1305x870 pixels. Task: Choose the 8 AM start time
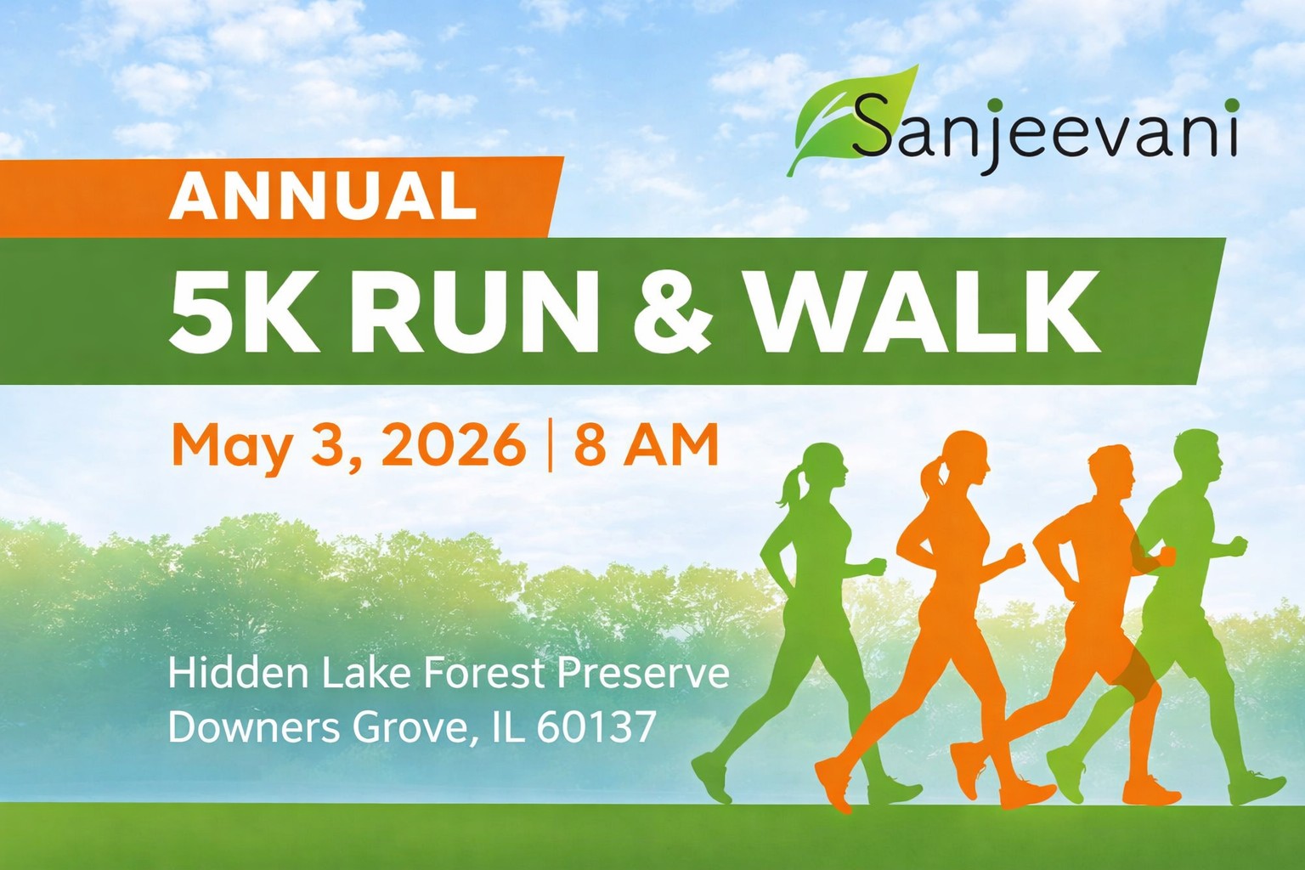[x=646, y=444]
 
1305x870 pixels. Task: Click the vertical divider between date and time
[x=549, y=445]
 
